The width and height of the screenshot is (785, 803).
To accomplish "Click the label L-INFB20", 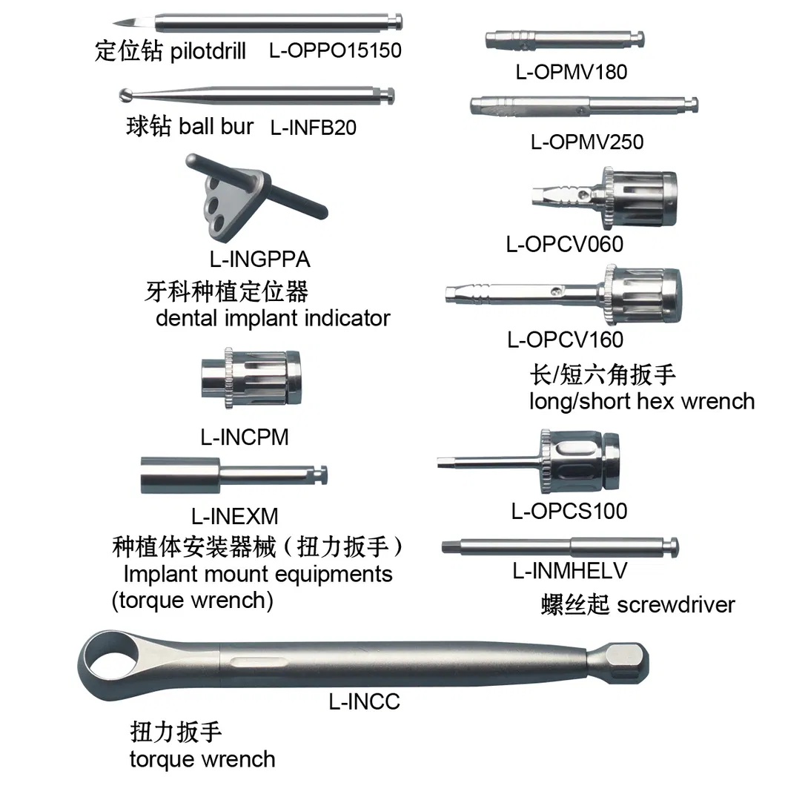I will coord(313,128).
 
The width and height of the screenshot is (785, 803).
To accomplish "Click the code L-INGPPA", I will coord(259,260).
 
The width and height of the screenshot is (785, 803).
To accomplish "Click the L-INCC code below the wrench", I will coord(364,701).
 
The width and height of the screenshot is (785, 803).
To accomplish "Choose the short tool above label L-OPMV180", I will coord(563,39).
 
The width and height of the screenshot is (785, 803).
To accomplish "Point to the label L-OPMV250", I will coord(586,142).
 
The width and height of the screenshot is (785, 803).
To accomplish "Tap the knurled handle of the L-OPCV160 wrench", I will coord(643,295).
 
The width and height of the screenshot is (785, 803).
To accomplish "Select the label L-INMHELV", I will coord(570,571).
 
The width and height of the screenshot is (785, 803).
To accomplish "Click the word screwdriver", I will coord(676,604).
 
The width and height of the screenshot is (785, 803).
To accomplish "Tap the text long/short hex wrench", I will coord(641,402).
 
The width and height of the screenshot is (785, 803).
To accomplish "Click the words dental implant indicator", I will coord(273,319).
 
